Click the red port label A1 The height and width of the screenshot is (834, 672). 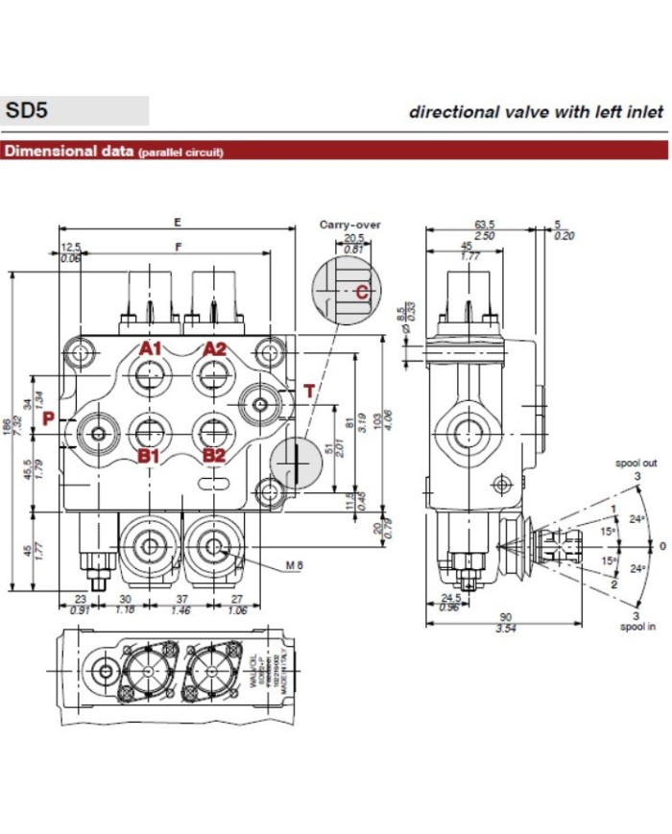[x=150, y=348]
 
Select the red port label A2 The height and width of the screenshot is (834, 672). [x=213, y=348]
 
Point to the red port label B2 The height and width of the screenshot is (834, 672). [x=213, y=456]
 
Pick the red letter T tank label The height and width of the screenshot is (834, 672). [x=308, y=391]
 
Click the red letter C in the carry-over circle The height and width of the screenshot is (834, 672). [x=361, y=292]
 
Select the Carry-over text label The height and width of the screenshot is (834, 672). [x=349, y=225]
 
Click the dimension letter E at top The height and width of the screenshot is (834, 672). [x=178, y=222]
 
